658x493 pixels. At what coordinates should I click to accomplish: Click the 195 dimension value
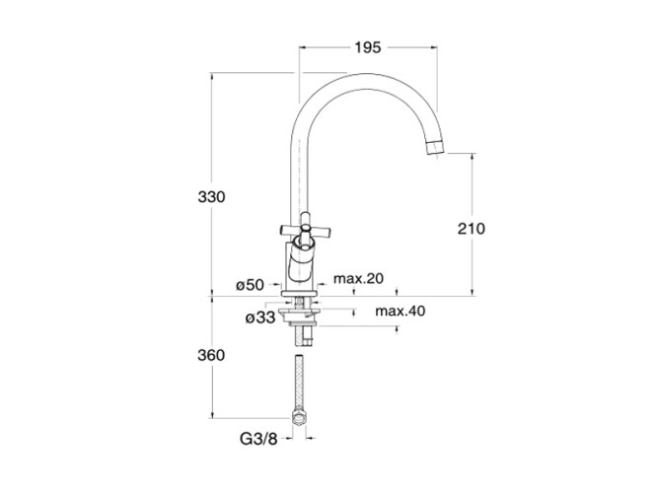tap(368, 47)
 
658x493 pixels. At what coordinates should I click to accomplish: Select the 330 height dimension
tap(211, 196)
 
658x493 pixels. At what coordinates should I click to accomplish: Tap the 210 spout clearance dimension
tap(472, 229)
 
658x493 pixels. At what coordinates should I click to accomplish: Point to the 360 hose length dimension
tap(211, 355)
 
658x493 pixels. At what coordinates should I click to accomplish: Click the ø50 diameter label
tap(251, 285)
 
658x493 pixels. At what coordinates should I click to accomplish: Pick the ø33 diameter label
tap(260, 317)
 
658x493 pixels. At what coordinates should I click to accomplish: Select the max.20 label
tap(358, 278)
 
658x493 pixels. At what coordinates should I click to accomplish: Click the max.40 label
tap(400, 311)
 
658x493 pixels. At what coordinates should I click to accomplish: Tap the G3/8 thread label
tap(258, 439)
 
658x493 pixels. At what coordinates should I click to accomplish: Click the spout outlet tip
tap(435, 148)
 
